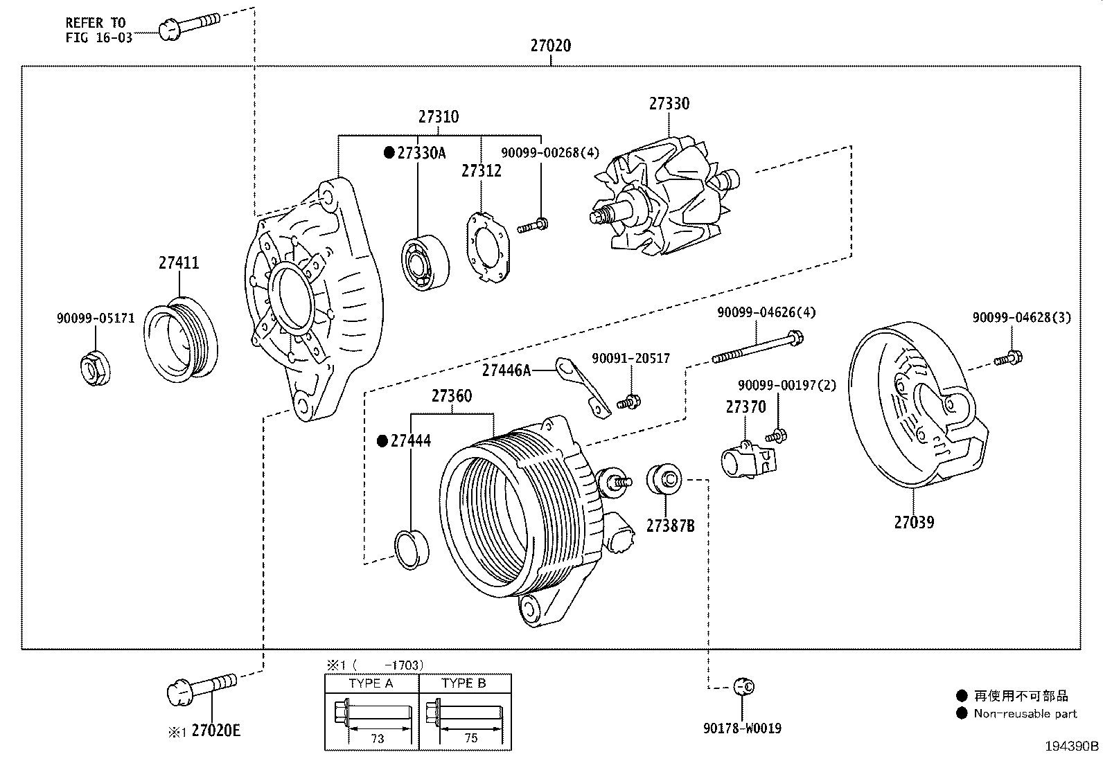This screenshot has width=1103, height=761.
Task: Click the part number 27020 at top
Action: point(551,46)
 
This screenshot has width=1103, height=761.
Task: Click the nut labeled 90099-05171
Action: point(93,369)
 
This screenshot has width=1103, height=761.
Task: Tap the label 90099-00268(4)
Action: point(550,152)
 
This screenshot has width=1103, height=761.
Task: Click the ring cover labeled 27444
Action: point(412,549)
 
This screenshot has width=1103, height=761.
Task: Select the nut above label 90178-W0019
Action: point(744,686)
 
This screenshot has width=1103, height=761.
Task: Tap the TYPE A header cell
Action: point(371,683)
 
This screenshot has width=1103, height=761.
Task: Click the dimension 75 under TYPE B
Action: point(470,738)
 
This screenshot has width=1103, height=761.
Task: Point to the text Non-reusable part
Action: point(1025,713)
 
